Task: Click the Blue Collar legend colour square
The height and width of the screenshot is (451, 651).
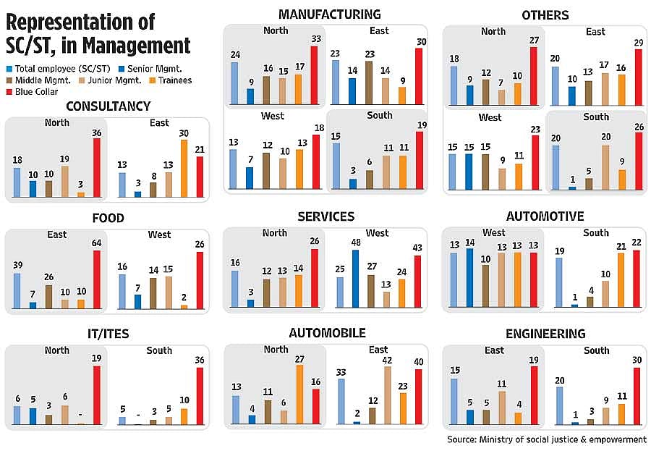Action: [x=9, y=92]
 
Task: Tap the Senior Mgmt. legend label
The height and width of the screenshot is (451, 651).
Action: [x=155, y=69]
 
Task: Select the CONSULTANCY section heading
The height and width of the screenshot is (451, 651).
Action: [x=108, y=106]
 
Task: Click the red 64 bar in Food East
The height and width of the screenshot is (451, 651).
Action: [x=97, y=279]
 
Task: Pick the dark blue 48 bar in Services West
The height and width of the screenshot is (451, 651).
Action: [x=355, y=279]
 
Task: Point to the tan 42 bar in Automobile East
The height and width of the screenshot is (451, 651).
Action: [x=388, y=395]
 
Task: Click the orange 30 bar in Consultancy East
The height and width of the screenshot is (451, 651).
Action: [x=184, y=169]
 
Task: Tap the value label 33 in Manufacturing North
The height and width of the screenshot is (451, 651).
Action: [x=316, y=38]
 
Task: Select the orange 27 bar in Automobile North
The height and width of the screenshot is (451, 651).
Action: [x=299, y=395]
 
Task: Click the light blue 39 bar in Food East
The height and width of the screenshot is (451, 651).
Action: [x=17, y=291]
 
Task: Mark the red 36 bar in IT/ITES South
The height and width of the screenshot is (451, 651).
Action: [x=200, y=396]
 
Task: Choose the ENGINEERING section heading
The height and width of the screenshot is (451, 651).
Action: [x=545, y=334]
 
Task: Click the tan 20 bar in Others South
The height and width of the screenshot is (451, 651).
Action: [x=605, y=167]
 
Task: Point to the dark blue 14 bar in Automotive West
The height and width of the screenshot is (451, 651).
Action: [x=470, y=278]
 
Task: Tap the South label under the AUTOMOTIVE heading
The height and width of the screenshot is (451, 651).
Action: [x=596, y=233]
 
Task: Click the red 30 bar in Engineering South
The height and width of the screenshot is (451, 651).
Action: [x=637, y=396]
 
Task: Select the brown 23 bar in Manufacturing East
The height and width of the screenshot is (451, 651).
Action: [x=369, y=83]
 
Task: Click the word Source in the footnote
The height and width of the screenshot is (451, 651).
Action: [x=461, y=439]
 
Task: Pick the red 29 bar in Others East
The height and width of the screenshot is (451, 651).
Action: [x=639, y=77]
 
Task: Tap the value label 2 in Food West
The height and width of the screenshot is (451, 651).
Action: [x=184, y=298]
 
